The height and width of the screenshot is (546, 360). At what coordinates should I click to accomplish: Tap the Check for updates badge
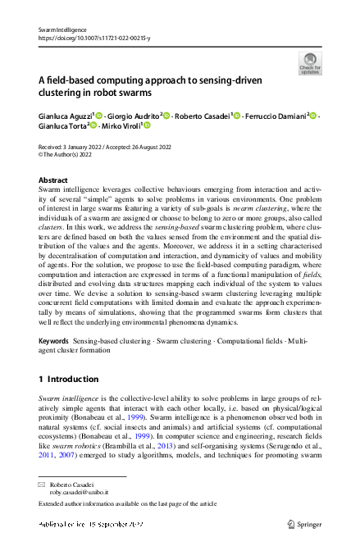tap(310, 63)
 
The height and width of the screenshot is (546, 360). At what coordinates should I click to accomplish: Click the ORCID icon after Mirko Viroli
tap(147, 127)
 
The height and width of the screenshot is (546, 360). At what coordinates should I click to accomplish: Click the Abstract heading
tap(54, 179)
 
